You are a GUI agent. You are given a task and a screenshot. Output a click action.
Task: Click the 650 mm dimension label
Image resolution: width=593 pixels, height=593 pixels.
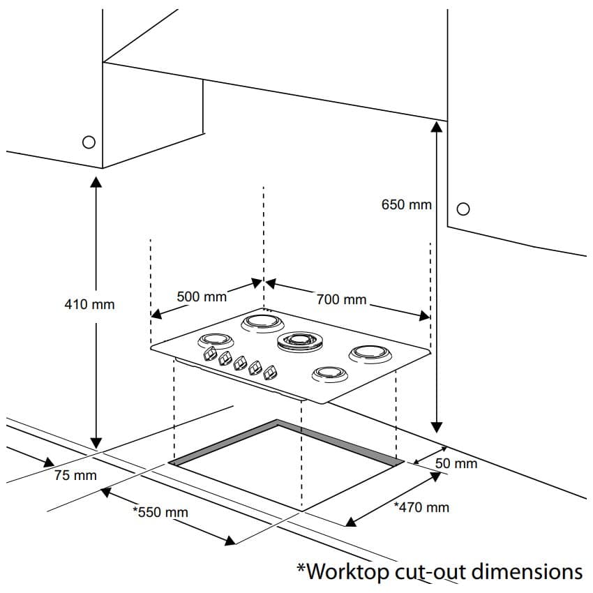click(x=407, y=205)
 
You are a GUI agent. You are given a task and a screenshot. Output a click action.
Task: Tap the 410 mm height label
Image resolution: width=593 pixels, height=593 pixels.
click(x=89, y=304)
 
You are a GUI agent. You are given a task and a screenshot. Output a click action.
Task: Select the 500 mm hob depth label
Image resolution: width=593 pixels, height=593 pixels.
click(x=202, y=296)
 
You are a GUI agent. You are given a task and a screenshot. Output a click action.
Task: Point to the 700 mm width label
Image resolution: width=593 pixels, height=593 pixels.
click(x=341, y=299)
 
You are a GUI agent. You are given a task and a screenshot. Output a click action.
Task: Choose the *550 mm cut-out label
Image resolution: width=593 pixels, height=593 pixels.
click(x=160, y=512)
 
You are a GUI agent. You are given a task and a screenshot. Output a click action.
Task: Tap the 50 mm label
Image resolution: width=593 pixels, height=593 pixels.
click(x=456, y=463)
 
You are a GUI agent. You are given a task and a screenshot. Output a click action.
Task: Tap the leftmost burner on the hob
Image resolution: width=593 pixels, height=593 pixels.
click(x=215, y=341)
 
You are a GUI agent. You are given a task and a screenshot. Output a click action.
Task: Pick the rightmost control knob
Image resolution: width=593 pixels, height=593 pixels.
click(x=270, y=373)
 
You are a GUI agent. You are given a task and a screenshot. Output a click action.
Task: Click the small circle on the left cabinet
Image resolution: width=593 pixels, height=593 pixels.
click(x=89, y=142)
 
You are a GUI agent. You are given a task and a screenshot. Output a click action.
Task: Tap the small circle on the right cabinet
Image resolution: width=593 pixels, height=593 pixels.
click(x=463, y=209)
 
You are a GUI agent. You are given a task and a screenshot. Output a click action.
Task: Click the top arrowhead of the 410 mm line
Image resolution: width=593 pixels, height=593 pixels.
click(x=96, y=182)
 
